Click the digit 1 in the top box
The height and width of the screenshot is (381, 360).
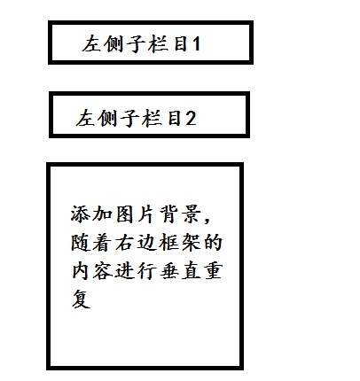tap(197, 44)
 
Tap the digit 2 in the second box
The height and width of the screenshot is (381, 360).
tap(191, 118)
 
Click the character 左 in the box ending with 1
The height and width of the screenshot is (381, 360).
tap(91, 44)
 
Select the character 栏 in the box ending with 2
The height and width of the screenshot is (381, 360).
tap(152, 118)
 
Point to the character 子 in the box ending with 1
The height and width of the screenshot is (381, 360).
tap(136, 44)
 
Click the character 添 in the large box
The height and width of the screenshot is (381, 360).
tap(80, 214)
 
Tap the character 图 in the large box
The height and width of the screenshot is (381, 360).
tap(125, 214)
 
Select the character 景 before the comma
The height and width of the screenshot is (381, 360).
tap(192, 214)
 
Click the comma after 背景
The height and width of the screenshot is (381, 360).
tap(207, 220)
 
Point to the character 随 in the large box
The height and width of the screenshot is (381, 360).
tap(80, 243)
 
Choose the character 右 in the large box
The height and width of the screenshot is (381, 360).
tap(125, 243)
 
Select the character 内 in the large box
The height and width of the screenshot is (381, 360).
tap(80, 272)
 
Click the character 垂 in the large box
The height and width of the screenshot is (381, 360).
tap(169, 272)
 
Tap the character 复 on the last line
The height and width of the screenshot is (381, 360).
tap(81, 299)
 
